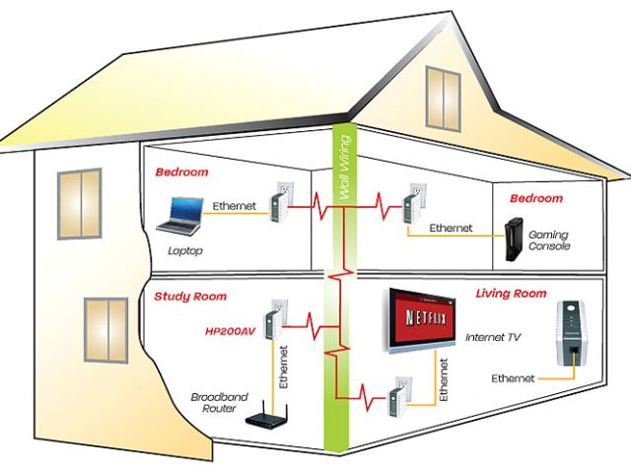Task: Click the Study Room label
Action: click(x=190, y=296)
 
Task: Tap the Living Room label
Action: click(x=511, y=294)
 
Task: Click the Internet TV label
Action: click(x=494, y=337)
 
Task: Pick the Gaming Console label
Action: click(x=549, y=241)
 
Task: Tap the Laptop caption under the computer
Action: click(x=184, y=250)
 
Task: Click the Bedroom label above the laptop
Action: click(x=181, y=171)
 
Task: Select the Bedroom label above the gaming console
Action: click(x=536, y=199)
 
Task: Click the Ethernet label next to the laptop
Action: click(x=234, y=206)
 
